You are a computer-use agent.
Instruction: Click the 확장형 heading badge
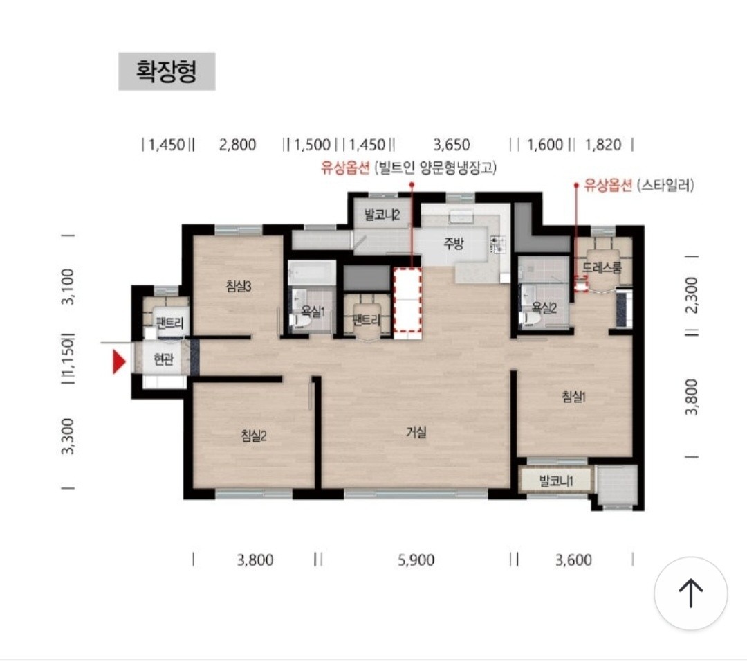coord(167,71)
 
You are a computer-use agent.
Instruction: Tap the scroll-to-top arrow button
coord(691,594)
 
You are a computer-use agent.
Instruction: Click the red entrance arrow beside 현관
coord(119,361)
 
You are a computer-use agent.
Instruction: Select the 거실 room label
coord(416,432)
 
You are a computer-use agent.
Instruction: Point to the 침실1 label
coord(573,396)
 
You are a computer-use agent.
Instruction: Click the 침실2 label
coord(253,436)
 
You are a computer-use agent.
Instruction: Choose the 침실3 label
coord(238,286)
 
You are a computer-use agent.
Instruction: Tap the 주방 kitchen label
coord(453,244)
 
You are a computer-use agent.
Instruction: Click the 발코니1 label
coord(556,481)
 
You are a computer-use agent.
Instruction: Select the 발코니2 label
coord(382,215)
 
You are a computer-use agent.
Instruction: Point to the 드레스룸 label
coord(602,267)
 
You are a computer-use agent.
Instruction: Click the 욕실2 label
coord(544,307)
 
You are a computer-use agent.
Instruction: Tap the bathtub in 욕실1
coord(311,273)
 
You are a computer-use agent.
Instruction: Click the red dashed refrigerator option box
coord(407,300)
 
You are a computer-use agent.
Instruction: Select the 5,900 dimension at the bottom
coord(416,560)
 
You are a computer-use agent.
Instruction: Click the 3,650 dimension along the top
coord(451,144)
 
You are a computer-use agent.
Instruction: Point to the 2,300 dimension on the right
coord(691,295)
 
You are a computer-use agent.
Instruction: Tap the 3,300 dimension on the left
coord(68,436)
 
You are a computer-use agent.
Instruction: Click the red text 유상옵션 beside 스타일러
coord(609,185)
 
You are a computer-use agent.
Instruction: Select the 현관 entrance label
coord(163,359)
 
